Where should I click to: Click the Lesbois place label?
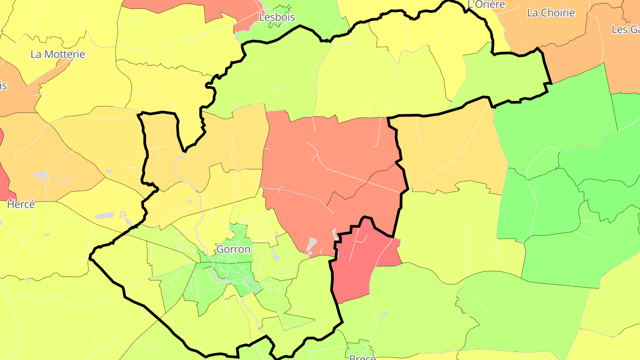coord(277,17)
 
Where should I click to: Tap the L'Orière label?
coord(486,5)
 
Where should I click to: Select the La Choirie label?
coord(551,13)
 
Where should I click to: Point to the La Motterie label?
coord(58,54)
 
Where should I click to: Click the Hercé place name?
coord(21,205)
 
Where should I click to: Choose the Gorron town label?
coord(233,249)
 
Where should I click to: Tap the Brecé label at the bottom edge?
coord(362,357)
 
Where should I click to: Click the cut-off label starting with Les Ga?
coord(626,29)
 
